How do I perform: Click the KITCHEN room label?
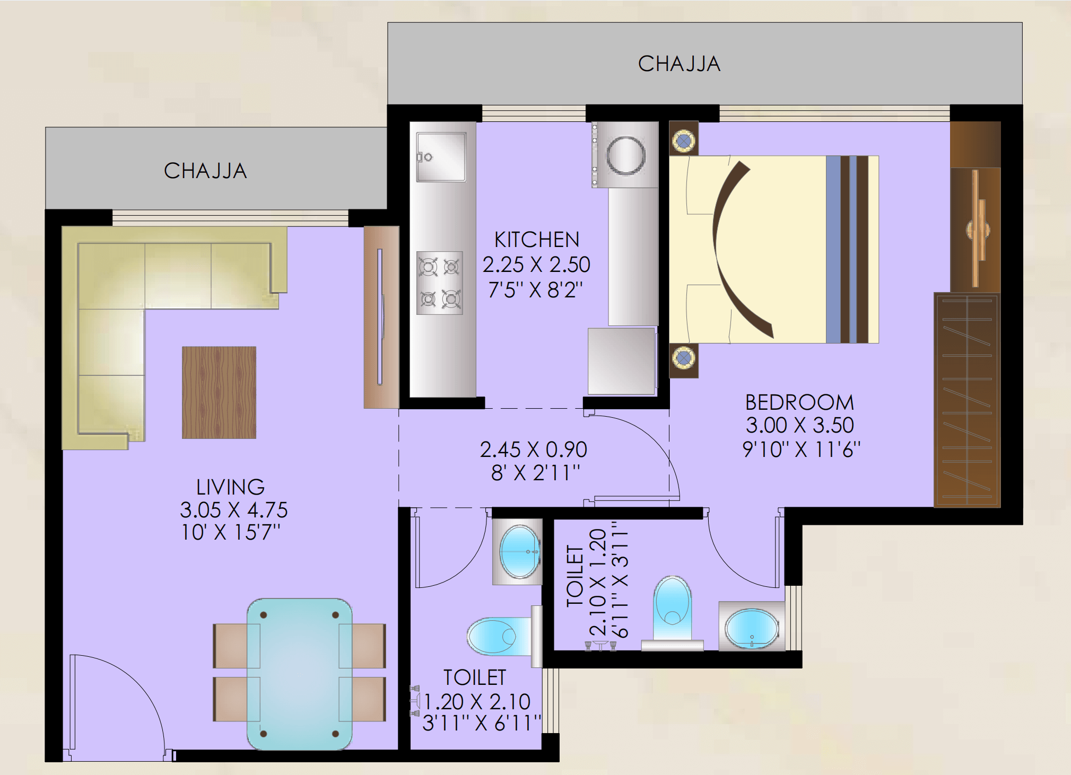point(537,240)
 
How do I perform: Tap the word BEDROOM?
point(799,402)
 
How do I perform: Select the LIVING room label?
point(230,487)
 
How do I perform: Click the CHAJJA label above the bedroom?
point(679,64)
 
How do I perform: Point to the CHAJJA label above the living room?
point(205,171)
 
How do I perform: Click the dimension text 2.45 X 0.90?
point(533,450)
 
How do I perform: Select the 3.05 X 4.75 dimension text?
point(233,510)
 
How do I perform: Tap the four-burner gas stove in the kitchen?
point(440,283)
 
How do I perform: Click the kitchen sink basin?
point(441,156)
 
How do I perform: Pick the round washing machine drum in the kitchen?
point(626,155)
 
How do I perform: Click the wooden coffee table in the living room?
point(219,392)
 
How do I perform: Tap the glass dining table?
point(300,674)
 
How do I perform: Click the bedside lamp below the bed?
point(684,358)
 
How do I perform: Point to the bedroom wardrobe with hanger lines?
point(967,400)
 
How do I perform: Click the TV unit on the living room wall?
point(381,317)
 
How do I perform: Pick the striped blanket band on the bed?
point(847,249)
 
